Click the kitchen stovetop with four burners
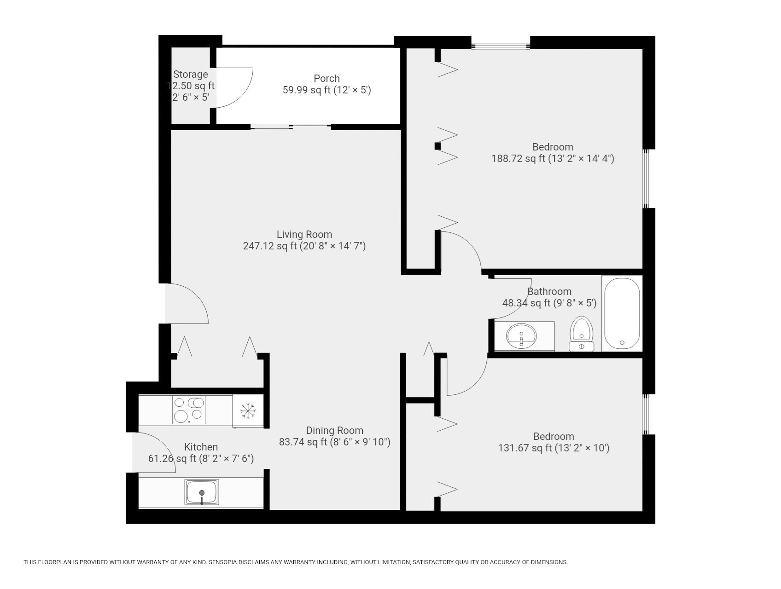[x=189, y=410]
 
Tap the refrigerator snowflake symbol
[x=248, y=410]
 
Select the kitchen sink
[x=202, y=492]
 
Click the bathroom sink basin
[x=521, y=336]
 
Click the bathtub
[x=622, y=314]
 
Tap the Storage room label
[x=191, y=75]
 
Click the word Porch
[x=326, y=79]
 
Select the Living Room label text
[x=304, y=235]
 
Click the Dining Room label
[x=335, y=431]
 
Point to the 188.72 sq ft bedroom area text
[x=553, y=159]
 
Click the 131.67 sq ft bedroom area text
[x=554, y=448]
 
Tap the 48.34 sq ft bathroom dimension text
[x=549, y=303]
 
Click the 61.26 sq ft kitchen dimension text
[x=201, y=459]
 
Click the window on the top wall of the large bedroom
[x=501, y=46]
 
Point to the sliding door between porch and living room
[x=291, y=127]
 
